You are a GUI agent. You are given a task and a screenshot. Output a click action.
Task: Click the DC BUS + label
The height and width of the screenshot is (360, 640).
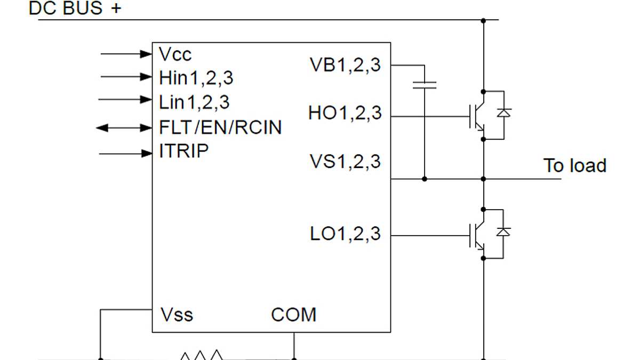[75, 9]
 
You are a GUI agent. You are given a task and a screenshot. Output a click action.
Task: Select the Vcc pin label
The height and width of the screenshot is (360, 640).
[175, 54]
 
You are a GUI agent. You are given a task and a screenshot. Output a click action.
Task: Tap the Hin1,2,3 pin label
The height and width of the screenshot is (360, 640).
[196, 78]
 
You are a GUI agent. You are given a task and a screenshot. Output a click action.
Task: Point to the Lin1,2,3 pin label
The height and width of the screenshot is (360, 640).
[195, 102]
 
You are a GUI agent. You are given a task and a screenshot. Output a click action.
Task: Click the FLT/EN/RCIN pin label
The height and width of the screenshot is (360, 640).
[220, 127]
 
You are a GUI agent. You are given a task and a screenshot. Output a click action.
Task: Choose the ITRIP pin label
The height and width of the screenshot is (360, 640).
[184, 151]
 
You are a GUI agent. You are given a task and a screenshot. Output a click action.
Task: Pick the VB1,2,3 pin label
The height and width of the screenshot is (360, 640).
[346, 65]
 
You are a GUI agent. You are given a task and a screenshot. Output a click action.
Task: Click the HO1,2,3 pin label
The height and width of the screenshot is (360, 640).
[345, 113]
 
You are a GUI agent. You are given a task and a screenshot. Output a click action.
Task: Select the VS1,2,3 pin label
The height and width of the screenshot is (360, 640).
[346, 161]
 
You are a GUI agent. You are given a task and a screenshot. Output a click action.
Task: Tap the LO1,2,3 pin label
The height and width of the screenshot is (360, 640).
[346, 234]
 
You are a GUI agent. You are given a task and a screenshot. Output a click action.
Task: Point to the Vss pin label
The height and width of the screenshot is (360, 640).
[177, 314]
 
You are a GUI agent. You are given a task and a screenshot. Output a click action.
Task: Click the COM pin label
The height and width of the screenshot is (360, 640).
[293, 314]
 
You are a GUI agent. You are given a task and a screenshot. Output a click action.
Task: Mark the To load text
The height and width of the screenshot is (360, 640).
[575, 165]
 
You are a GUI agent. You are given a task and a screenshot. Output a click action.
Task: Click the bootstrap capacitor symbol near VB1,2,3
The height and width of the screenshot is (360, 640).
[425, 85]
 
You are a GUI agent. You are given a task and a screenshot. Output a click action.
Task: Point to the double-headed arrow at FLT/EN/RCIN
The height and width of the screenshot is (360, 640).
[124, 128]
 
